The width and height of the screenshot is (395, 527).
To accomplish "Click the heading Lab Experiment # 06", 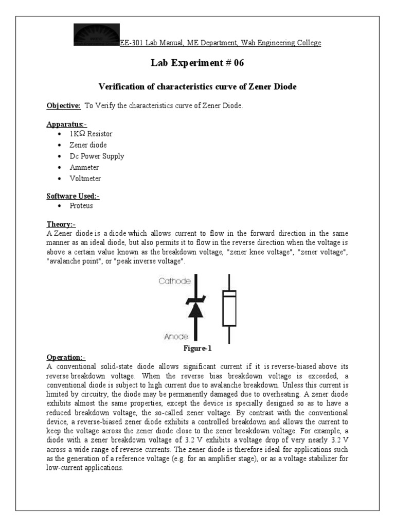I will [197, 63].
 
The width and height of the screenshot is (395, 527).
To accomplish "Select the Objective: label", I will [64, 106].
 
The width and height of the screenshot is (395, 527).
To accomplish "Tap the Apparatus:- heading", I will [67, 124].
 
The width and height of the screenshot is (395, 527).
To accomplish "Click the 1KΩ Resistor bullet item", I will [91, 134].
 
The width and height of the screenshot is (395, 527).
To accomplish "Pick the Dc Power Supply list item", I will [97, 156].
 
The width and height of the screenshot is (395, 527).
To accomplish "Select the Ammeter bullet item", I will [84, 167].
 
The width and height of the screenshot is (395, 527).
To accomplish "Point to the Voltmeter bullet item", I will [85, 179].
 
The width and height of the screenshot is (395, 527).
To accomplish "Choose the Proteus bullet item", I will [82, 206].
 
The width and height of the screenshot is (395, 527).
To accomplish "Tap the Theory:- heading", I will [61, 224].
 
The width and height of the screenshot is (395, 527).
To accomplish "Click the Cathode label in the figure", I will [174, 281].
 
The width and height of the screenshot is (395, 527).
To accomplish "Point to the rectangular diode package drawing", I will [229, 308].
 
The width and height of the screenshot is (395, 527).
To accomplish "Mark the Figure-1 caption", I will [197, 348].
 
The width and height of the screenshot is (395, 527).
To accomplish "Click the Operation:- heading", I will [66, 357].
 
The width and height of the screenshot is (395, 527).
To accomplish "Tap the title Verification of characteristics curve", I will [197, 87].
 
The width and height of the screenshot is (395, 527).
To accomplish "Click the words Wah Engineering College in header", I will [282, 43].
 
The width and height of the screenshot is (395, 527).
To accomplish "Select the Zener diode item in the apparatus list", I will [88, 145].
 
